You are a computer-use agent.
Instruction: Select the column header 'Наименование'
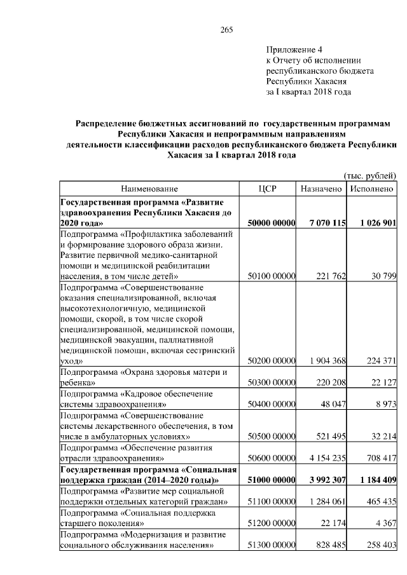pos(149,189)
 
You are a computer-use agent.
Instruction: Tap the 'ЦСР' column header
pos(268,189)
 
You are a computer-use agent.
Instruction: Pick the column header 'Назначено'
pos(322,189)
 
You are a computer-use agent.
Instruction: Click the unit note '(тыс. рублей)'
pos(369,175)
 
